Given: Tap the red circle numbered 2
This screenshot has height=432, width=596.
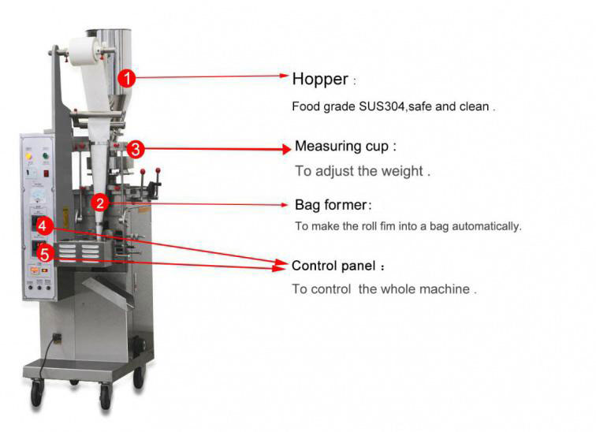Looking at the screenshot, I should [x=99, y=203].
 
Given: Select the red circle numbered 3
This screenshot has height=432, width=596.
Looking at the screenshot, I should [x=136, y=148].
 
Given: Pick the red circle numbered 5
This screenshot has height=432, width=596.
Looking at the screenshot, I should [x=46, y=254].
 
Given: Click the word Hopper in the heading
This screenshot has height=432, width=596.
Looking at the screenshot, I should [x=319, y=79].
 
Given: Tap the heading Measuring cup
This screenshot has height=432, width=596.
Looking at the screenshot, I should [x=345, y=147].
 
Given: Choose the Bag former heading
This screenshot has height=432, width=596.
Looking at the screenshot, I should [x=331, y=205].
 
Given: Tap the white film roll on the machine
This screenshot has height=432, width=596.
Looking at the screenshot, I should [x=84, y=56].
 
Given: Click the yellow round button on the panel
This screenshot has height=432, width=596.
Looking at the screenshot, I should [x=29, y=157].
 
